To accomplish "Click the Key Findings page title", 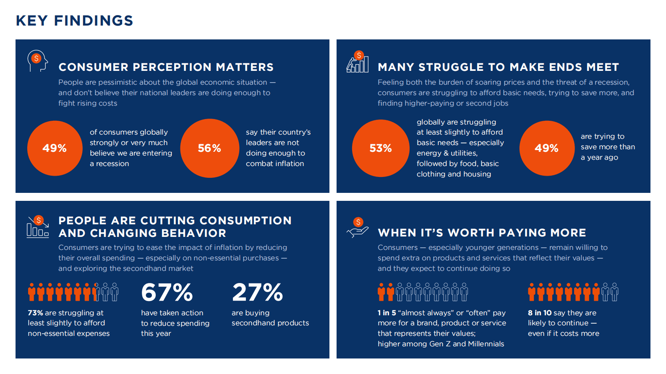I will [x=74, y=21].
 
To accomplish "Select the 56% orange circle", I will [x=209, y=148].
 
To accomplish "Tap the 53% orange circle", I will [x=381, y=148].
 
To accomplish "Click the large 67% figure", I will [x=167, y=292].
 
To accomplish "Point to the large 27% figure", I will [x=257, y=292].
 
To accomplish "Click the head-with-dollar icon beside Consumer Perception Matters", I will [x=37, y=61].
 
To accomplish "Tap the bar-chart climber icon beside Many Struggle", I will [x=357, y=62].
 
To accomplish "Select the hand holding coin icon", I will [x=358, y=228].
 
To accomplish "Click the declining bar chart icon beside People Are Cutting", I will [x=38, y=227].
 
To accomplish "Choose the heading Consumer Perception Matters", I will [x=166, y=67].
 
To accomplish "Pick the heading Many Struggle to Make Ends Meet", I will [x=498, y=67].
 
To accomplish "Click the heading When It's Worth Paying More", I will [x=482, y=233].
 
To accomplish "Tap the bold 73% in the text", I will [x=35, y=313].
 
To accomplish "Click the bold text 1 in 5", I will [x=387, y=313].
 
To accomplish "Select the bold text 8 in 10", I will [x=539, y=313].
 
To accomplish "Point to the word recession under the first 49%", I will [x=112, y=164].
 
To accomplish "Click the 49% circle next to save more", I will [x=546, y=148].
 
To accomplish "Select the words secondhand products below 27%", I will [x=270, y=323].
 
